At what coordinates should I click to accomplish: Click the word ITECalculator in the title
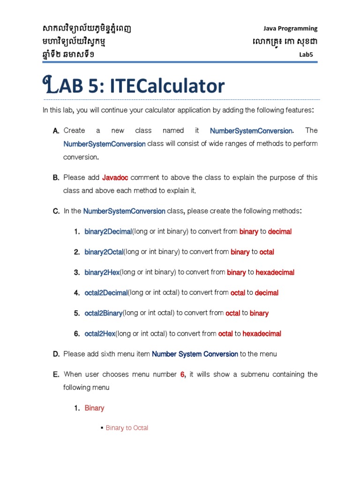(x=167, y=86)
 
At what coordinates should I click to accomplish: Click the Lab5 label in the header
(x=306, y=55)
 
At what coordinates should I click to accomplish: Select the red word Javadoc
(x=115, y=178)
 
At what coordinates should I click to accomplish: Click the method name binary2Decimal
(x=108, y=232)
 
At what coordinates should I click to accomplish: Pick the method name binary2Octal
(x=104, y=252)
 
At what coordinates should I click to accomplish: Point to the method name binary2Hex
(x=102, y=272)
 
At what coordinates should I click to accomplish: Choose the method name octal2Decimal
(x=106, y=293)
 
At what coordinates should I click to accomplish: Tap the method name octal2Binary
(x=104, y=313)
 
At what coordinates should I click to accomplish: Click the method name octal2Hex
(x=100, y=334)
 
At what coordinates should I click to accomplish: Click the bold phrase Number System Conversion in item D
(x=195, y=354)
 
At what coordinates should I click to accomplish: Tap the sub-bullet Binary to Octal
(x=127, y=428)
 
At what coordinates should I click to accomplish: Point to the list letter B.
(x=56, y=178)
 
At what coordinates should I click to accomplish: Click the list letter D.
(x=56, y=354)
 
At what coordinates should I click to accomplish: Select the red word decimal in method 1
(x=280, y=232)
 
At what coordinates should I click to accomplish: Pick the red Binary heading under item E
(x=94, y=408)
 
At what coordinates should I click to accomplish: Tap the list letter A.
(x=56, y=131)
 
